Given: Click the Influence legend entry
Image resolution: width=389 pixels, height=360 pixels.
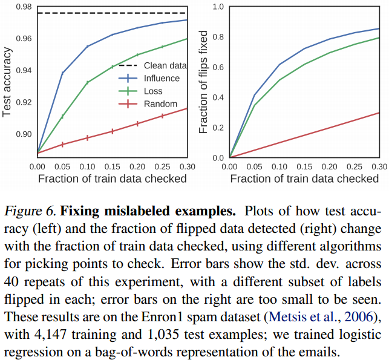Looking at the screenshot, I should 161,78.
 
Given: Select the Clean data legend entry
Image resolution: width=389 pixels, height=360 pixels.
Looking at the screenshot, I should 163,65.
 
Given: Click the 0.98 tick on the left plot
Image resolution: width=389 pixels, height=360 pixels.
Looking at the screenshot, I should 24,7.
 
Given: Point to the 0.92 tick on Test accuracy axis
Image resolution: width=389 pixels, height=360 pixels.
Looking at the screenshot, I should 24,102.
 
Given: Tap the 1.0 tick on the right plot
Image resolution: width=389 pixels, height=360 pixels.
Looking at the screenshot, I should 218,7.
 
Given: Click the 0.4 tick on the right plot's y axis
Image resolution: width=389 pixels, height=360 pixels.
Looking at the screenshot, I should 218,97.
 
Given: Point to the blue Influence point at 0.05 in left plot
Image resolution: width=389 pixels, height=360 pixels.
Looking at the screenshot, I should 62,73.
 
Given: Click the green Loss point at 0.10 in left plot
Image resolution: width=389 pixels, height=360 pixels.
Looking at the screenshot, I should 87,82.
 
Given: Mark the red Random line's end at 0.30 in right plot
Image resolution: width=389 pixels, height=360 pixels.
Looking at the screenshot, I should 379,113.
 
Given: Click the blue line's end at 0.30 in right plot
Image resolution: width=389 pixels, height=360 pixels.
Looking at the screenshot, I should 379,28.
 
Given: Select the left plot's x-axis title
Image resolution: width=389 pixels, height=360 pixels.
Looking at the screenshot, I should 112,178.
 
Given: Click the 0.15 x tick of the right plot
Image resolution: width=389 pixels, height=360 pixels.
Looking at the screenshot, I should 304,165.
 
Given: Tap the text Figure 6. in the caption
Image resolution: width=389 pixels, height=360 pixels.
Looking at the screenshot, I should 30,212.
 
